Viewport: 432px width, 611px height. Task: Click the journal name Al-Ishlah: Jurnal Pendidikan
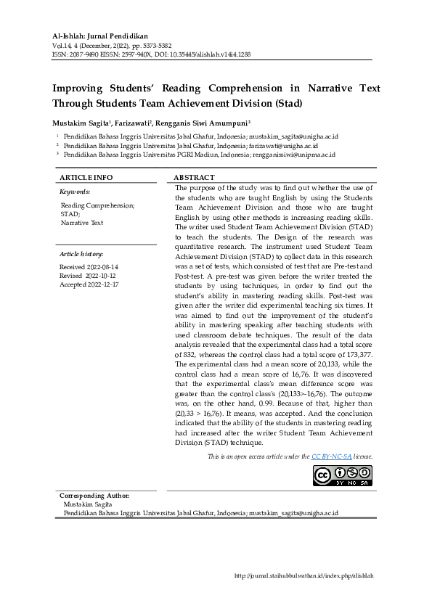click(x=100, y=36)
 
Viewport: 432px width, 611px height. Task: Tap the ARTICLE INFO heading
click(x=86, y=177)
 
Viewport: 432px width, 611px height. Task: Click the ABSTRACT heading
click(x=195, y=177)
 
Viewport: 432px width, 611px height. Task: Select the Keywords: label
click(x=75, y=192)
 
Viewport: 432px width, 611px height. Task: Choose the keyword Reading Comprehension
click(x=97, y=205)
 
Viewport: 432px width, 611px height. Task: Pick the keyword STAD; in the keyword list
click(x=70, y=214)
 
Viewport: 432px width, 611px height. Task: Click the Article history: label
click(x=81, y=254)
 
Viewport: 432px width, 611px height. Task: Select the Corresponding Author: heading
click(x=94, y=495)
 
